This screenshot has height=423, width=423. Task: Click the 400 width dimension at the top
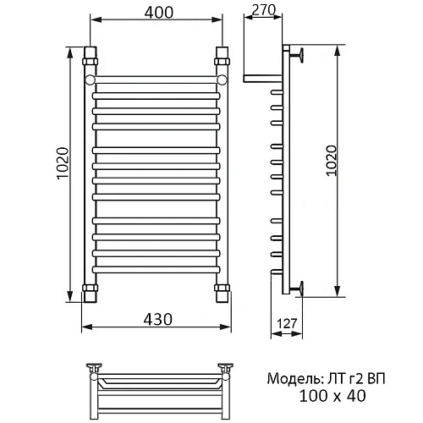(159, 13)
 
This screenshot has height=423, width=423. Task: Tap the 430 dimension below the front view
(158, 320)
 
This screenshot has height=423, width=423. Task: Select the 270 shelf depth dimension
(263, 10)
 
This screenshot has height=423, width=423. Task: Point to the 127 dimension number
(287, 324)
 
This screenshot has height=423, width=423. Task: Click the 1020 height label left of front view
(63, 163)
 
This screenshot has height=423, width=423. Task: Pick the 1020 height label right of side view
(332, 161)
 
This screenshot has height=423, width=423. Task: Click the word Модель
(294, 379)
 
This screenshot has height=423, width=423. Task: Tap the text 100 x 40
(332, 396)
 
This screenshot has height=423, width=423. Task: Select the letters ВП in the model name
(376, 378)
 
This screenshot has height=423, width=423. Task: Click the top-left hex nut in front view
(90, 62)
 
